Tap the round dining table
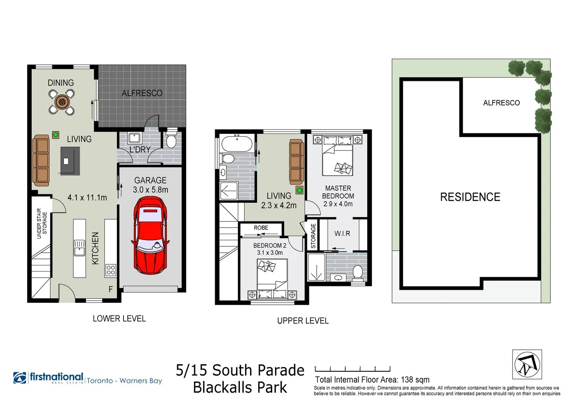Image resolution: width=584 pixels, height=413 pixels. coord(61,102)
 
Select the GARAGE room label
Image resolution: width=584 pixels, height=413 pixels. coord(150,180)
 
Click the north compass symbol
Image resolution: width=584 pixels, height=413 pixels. coord(527,364)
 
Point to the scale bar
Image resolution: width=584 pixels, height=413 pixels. coord(352,369)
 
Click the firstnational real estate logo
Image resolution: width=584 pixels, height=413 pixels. coord(49,378)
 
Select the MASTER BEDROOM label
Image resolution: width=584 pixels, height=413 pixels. coord(338,192)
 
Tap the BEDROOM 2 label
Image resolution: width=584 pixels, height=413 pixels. coord(270,246)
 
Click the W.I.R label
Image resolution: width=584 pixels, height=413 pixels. coord(342,233)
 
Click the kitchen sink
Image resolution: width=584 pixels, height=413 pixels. coord(80,247)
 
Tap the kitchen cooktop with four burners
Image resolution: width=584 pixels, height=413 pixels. coord(111,270)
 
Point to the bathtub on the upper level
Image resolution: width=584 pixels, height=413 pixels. coord(237,144)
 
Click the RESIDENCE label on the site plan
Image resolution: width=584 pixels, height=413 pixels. coord(470,197)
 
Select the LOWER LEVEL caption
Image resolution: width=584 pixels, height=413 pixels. coord(119,319)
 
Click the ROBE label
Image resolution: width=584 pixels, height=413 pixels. coord(261,228)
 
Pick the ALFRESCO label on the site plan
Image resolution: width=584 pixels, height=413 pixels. coord(501,102)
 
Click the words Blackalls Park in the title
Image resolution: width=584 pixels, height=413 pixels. coord(240,387)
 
